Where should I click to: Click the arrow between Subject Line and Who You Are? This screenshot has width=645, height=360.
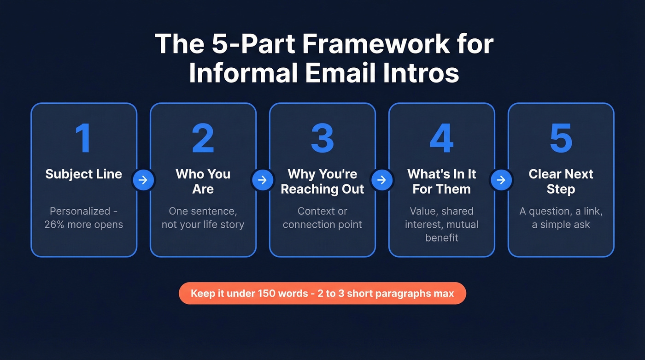(x=143, y=180)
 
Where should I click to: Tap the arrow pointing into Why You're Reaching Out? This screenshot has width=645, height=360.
(x=263, y=180)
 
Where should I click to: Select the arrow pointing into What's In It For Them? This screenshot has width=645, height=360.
(x=382, y=180)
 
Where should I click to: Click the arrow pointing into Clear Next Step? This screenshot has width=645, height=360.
(x=501, y=180)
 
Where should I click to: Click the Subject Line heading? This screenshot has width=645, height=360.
(x=83, y=174)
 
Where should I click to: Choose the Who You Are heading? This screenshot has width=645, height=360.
(x=203, y=181)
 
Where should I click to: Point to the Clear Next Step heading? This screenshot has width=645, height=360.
(x=561, y=181)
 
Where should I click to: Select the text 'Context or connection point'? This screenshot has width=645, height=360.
(x=322, y=218)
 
